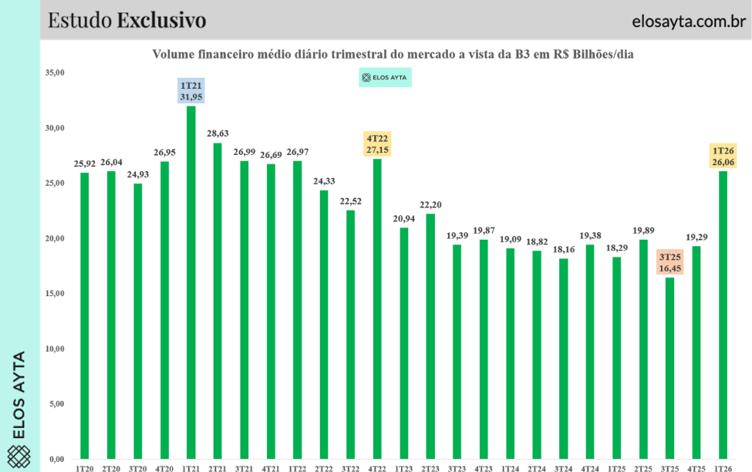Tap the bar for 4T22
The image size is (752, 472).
[x=376, y=308]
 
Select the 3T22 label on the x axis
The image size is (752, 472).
[x=350, y=467]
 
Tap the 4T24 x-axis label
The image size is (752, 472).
[x=590, y=467]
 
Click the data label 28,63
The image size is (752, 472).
[x=217, y=133]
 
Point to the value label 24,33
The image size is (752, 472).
[x=323, y=181]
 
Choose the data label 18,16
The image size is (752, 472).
[x=563, y=249]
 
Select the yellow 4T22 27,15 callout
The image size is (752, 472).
[x=376, y=144]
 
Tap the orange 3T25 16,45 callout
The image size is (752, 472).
[x=669, y=262]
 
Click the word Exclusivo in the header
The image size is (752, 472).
[x=161, y=20]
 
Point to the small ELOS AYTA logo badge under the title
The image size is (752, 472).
[x=385, y=77]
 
